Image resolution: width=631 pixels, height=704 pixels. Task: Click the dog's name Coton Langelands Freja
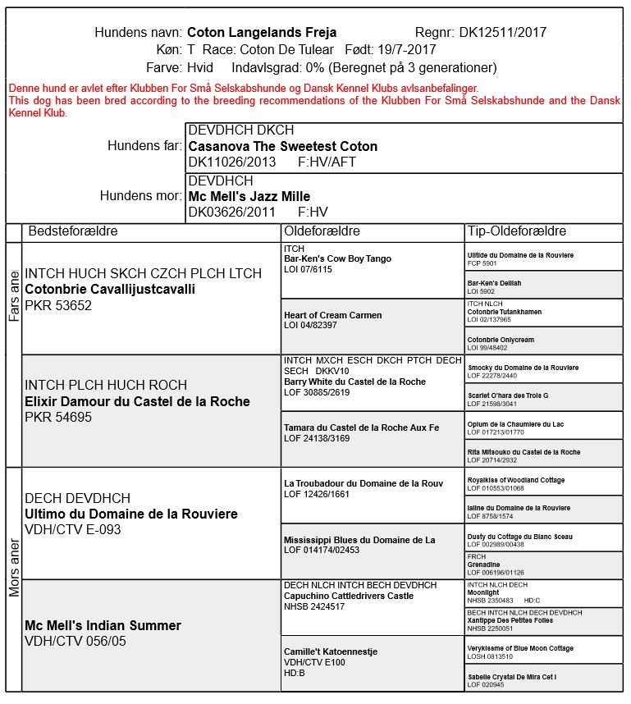point(262,33)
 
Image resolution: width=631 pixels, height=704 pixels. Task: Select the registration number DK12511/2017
point(502,33)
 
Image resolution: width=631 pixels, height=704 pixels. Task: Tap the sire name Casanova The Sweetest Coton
point(283,146)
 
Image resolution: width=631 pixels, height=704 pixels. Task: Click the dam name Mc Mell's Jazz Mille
point(249,196)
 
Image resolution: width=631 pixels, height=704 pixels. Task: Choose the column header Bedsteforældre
point(73,231)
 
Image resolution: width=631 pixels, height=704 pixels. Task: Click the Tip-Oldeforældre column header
point(516,231)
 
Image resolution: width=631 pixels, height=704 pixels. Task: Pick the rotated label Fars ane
point(14,298)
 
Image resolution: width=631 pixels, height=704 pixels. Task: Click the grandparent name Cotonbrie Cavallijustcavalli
point(110,290)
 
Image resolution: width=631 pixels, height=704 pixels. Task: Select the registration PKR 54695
point(58,418)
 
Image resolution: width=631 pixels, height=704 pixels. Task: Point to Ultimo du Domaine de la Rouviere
point(131,514)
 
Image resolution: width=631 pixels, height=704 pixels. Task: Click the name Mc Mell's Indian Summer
point(103,626)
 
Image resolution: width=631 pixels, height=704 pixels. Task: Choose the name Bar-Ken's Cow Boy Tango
point(337,259)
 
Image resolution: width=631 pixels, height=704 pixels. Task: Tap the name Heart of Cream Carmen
point(332,315)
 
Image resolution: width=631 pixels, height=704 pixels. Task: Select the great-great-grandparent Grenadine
point(483,565)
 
